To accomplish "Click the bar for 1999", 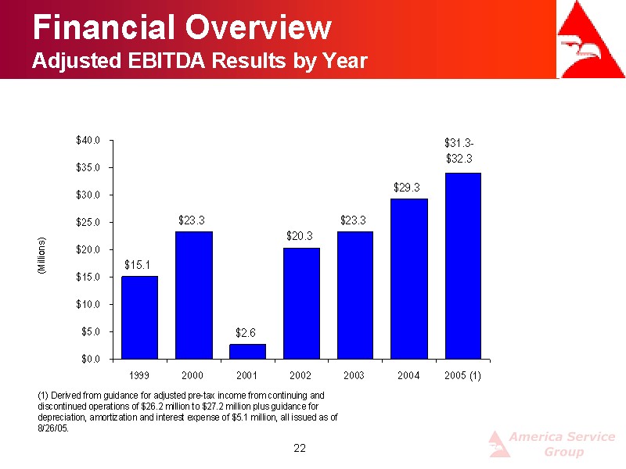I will click(139, 317).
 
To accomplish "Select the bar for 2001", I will click(247, 351).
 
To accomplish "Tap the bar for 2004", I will click(409, 278).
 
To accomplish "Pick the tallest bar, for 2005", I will click(462, 266).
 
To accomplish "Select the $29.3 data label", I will click(407, 188).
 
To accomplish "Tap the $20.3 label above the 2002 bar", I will click(300, 234).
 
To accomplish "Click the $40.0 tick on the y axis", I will click(87, 141).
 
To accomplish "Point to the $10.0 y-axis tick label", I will click(87, 304).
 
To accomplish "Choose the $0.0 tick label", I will click(89, 359).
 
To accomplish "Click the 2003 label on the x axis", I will click(354, 376).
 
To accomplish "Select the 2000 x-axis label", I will click(192, 376).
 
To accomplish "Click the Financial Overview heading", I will click(182, 28).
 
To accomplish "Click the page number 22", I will click(299, 448).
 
